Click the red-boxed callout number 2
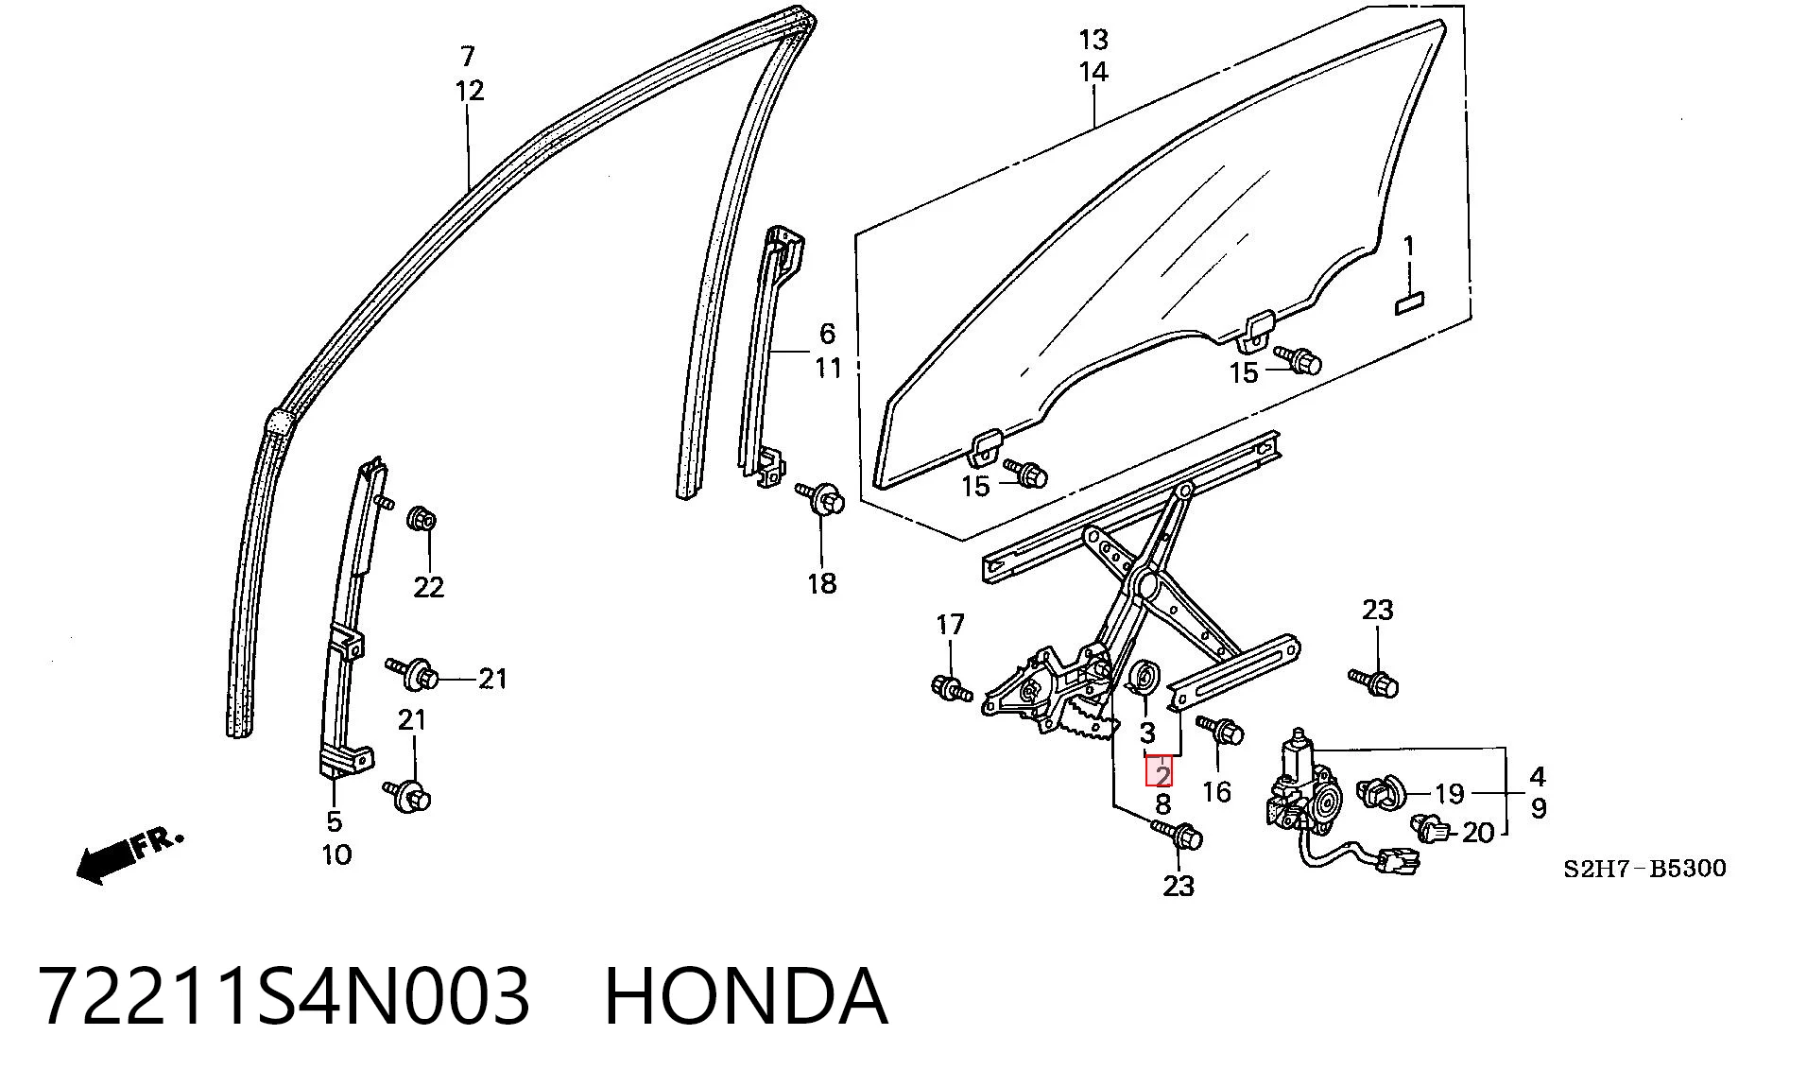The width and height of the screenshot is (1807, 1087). pos(1162,775)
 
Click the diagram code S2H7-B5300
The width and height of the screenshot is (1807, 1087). pos(1644,868)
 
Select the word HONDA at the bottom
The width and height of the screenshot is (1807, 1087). pos(746,996)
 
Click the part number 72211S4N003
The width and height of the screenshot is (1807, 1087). pos(284,996)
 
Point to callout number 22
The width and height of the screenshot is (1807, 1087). pos(428,587)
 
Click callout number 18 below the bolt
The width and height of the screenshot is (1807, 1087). pos(821,583)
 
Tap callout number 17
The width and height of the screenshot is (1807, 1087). pos(950,624)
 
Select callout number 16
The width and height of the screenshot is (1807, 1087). pos(1216,790)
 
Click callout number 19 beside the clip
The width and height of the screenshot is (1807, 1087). pos(1449,792)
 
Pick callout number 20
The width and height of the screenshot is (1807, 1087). pos(1478,832)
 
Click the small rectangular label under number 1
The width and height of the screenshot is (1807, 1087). pos(1410,302)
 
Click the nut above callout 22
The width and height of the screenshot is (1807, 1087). pos(422,519)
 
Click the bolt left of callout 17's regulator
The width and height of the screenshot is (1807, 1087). pos(952,687)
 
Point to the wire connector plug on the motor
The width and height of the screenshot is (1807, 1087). pos(1398,861)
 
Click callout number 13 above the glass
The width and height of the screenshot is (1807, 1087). pos(1093,40)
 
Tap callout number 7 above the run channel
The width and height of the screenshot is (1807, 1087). pos(468,56)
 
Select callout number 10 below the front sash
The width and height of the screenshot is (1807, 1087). pos(336,854)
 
